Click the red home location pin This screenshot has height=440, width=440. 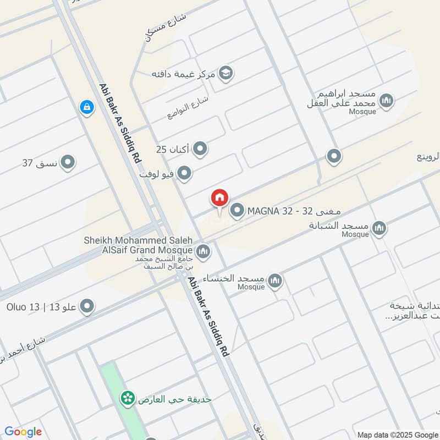tap(219, 198)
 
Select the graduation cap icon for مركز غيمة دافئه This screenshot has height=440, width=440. tap(226, 72)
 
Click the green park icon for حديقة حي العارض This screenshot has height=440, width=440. tap(128, 398)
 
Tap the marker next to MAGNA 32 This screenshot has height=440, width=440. tap(237, 211)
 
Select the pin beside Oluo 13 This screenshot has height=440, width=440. tap(87, 307)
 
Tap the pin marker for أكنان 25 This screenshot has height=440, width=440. tap(200, 148)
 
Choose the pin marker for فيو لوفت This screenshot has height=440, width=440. tap(185, 174)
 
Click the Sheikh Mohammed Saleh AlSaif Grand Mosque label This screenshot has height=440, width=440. tap(138, 245)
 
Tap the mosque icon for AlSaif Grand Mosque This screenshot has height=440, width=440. tap(204, 251)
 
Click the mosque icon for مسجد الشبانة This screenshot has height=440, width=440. tap(379, 228)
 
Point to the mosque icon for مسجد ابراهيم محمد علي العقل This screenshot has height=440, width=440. tap(387, 101)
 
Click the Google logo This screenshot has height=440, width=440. tap(23, 432)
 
